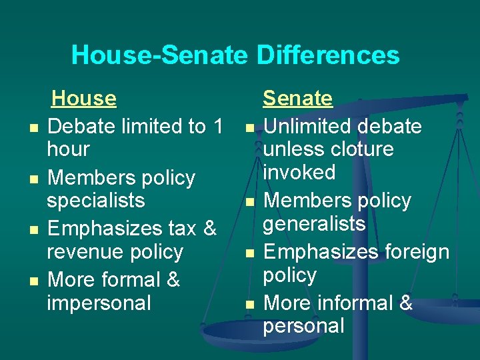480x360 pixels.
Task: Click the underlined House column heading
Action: point(84,99)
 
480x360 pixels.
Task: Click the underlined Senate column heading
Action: point(297,99)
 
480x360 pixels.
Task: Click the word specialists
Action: point(95,201)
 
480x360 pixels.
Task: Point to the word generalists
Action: point(314,223)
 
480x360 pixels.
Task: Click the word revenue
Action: point(83,252)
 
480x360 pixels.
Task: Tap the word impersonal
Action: point(99,303)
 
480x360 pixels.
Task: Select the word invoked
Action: point(299,172)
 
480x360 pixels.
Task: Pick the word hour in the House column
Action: point(68,149)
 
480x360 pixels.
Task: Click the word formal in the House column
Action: point(130,279)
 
